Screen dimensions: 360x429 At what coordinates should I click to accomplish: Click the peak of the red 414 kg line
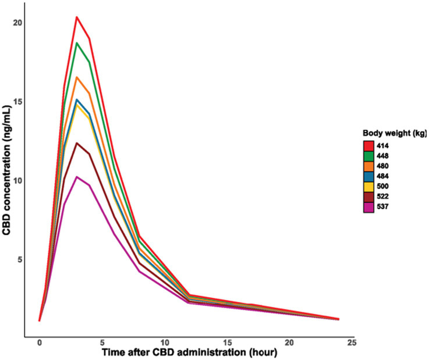pyautogui.click(x=77, y=17)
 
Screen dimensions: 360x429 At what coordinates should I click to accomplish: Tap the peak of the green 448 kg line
pyautogui.click(x=77, y=43)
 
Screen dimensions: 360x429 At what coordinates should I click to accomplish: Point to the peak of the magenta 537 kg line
pyautogui.click(x=77, y=177)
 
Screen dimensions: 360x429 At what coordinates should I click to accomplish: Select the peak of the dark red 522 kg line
pyautogui.click(x=77, y=143)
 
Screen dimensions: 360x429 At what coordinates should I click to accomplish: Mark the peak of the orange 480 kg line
pyautogui.click(x=77, y=77)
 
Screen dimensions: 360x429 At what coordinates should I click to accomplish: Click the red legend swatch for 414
pyautogui.click(x=368, y=145)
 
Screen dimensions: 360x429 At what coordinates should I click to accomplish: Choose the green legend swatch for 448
pyautogui.click(x=368, y=156)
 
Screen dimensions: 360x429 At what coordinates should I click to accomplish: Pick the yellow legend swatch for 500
pyautogui.click(x=368, y=187)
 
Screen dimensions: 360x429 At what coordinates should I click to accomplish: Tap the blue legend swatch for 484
pyautogui.click(x=368, y=176)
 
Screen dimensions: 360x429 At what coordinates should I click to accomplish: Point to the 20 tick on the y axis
pyautogui.click(x=17, y=23)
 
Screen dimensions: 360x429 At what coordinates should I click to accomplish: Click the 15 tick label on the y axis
pyautogui.click(x=17, y=102)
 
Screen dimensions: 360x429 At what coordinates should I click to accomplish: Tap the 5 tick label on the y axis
pyautogui.click(x=19, y=259)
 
